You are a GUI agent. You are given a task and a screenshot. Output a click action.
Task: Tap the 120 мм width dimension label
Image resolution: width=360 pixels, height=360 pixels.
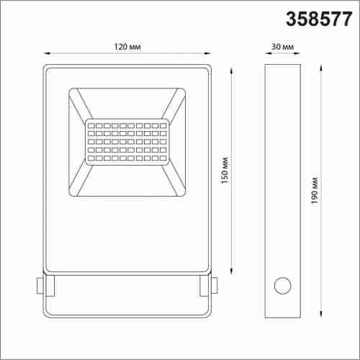(127, 47)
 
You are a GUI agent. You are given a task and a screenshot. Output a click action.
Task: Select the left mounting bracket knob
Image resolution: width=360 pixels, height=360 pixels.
(40, 285)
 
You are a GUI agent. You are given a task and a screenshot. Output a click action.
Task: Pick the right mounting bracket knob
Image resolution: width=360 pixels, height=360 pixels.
(215, 285)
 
